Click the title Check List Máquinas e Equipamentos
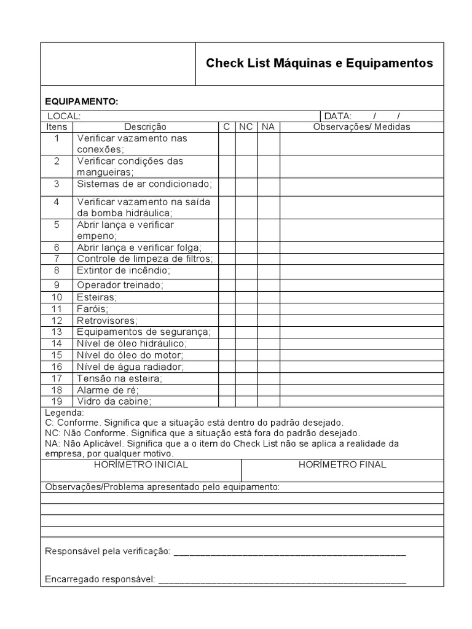coord(319,63)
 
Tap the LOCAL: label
coord(64,116)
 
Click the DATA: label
coord(337,116)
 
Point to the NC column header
coord(246,127)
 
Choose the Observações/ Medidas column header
coord(361,127)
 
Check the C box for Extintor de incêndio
coord(227,271)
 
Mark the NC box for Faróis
coord(246,309)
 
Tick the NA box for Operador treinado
coord(269,285)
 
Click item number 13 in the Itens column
coord(57,332)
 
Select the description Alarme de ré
coord(108,390)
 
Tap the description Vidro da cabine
coord(114,401)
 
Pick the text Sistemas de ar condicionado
coord(144,184)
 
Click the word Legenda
coord(65,413)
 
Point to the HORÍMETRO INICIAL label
coord(141,465)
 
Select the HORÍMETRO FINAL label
coord(342,465)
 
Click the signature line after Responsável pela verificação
coord(289,552)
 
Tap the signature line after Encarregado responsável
coord(282,579)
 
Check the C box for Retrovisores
coord(227,321)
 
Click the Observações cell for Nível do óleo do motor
coord(361,355)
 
